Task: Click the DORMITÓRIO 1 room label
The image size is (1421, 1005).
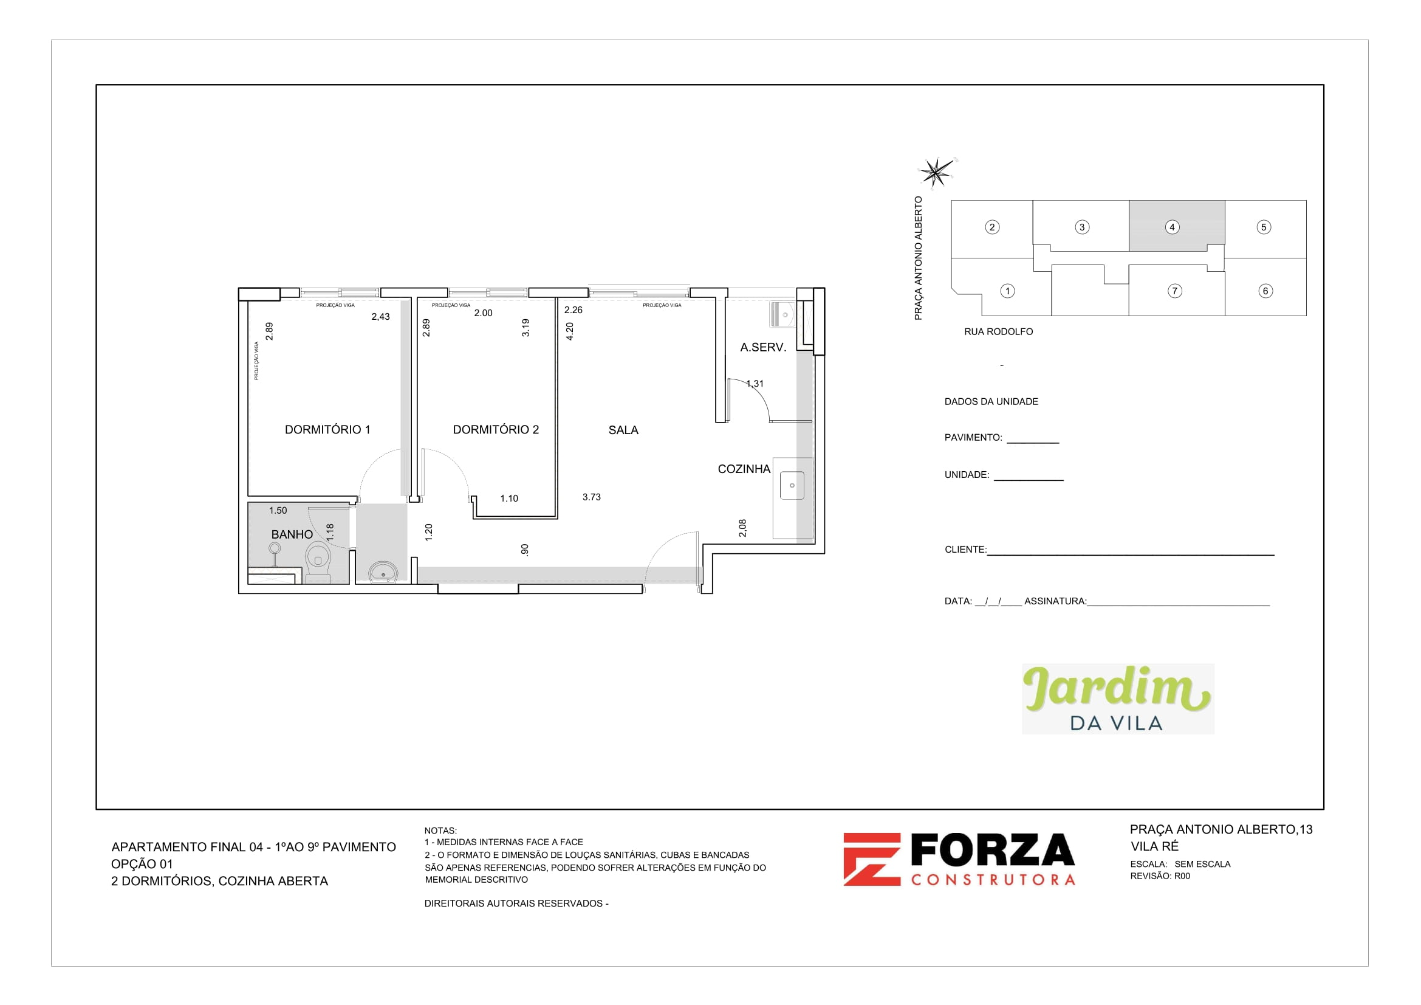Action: click(327, 430)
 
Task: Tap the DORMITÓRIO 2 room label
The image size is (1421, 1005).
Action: click(496, 430)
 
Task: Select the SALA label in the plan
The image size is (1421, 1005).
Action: click(623, 430)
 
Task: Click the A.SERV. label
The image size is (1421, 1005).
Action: click(762, 347)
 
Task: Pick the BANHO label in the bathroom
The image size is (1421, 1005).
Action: click(292, 534)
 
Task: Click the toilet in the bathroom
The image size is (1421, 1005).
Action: click(318, 562)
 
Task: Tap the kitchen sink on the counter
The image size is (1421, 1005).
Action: click(792, 485)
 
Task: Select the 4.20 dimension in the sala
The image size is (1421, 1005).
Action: click(570, 331)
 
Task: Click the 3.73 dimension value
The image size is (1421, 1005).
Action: click(591, 497)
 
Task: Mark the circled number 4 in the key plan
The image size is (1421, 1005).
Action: click(1171, 227)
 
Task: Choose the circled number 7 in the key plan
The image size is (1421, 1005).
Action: click(1174, 291)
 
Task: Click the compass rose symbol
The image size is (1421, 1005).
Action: click(936, 171)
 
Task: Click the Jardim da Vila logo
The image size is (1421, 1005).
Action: click(1117, 699)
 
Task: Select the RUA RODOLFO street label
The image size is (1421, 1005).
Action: click(998, 332)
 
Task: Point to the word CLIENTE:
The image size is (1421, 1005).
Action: click(965, 550)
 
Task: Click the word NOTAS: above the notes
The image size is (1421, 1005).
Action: click(440, 831)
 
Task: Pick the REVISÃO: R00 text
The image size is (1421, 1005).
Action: click(1159, 876)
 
